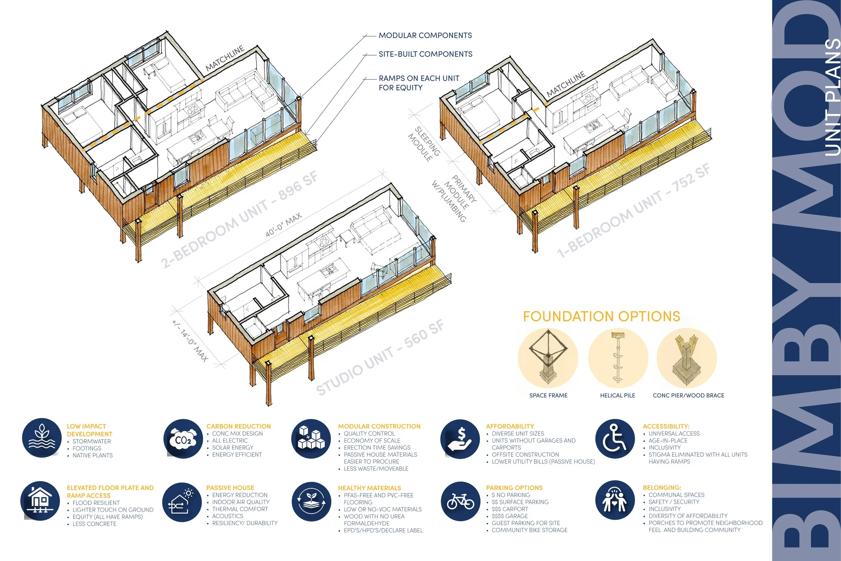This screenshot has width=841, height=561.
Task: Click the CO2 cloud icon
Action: click(183, 439)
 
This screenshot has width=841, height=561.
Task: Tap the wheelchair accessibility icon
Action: click(615, 439)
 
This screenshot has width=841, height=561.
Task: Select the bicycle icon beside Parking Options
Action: click(461, 501)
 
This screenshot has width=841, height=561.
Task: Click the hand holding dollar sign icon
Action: click(460, 439)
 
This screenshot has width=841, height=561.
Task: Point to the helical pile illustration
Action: click(618, 358)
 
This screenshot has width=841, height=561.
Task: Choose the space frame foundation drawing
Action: click(548, 358)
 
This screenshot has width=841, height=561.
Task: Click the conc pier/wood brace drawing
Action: click(687, 358)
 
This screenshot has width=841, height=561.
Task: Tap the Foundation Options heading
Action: click(601, 316)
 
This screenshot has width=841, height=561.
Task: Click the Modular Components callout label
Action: click(425, 35)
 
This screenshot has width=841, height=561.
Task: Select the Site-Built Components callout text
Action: click(426, 54)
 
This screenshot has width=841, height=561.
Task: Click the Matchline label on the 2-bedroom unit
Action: click(225, 58)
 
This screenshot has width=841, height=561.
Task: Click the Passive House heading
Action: click(230, 488)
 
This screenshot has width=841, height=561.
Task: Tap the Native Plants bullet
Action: click(93, 455)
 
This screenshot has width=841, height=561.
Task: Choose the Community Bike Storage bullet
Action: click(529, 530)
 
